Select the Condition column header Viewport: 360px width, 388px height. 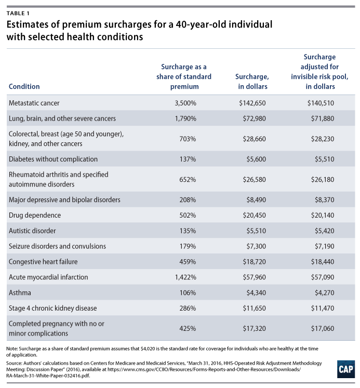pyautogui.click(x=24, y=86)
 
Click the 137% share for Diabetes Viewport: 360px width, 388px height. pyautogui.click(x=188, y=159)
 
